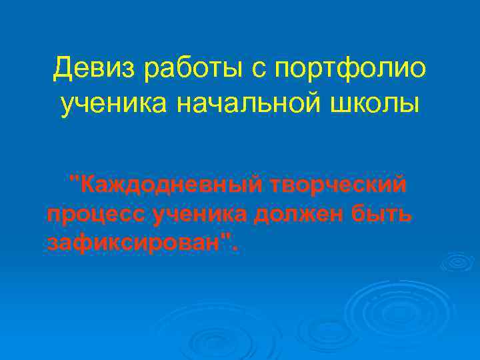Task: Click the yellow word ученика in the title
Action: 111,104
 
